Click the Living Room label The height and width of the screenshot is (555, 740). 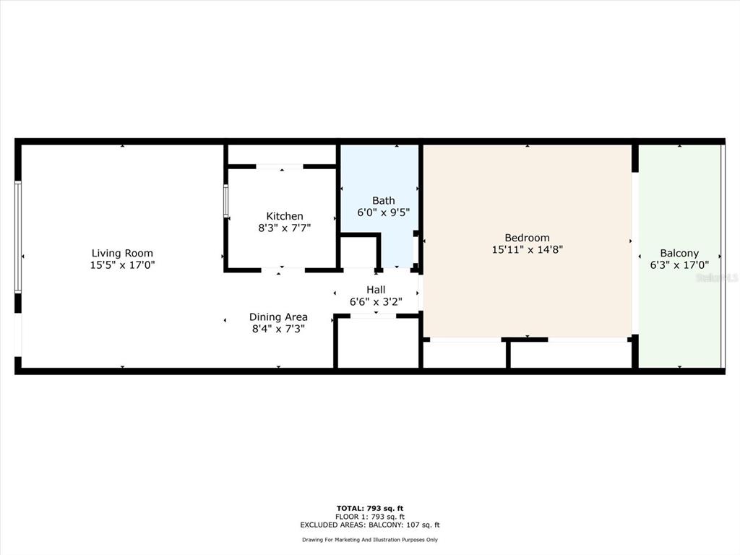point(122,254)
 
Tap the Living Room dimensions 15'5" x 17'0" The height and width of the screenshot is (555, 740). point(122,265)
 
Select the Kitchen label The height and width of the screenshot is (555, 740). point(285,216)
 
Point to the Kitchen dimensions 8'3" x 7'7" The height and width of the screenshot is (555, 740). point(284,228)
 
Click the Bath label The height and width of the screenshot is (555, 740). point(383,201)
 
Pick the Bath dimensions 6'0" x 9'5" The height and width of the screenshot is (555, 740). point(383,212)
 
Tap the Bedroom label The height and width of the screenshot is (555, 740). point(527,238)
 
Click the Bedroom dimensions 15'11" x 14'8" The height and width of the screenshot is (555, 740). point(527,249)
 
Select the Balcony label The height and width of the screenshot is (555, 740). point(679,254)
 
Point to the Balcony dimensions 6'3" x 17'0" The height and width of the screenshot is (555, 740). point(679,265)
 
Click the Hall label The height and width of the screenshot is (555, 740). point(376,290)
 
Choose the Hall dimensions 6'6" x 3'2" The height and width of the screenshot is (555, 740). point(376,301)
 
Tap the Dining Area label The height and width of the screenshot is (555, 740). point(278,317)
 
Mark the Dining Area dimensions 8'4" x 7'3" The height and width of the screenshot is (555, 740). point(278,329)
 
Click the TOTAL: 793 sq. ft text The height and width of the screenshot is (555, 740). point(370,508)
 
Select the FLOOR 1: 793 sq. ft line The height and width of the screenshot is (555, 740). point(370,517)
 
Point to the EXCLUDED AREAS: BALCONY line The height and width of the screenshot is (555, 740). point(370,525)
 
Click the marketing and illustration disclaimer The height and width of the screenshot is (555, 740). point(370,539)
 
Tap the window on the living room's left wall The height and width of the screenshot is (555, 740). point(18,237)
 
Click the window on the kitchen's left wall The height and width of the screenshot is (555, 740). point(225,201)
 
